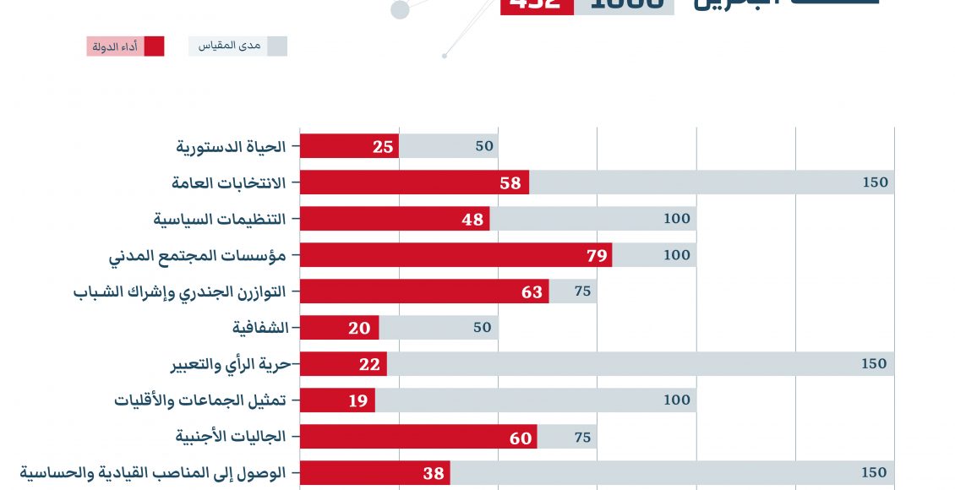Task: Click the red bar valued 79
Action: point(456,255)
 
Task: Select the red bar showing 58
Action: point(414,182)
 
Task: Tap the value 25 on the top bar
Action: point(383,146)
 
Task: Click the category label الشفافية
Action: point(260,328)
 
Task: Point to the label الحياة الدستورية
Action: point(232,146)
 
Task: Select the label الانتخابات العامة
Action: point(229,182)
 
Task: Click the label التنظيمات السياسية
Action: point(220,219)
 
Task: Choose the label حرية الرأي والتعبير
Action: point(231,364)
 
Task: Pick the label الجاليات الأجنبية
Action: point(231,437)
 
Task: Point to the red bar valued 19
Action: point(337,400)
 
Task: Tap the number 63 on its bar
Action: point(532,292)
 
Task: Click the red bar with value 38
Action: point(374,473)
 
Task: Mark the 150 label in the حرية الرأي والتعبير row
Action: point(874,364)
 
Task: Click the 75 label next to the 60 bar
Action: point(581,437)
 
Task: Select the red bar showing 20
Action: point(339,328)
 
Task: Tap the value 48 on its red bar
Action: point(472,220)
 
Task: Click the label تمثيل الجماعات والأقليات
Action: point(201,400)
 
